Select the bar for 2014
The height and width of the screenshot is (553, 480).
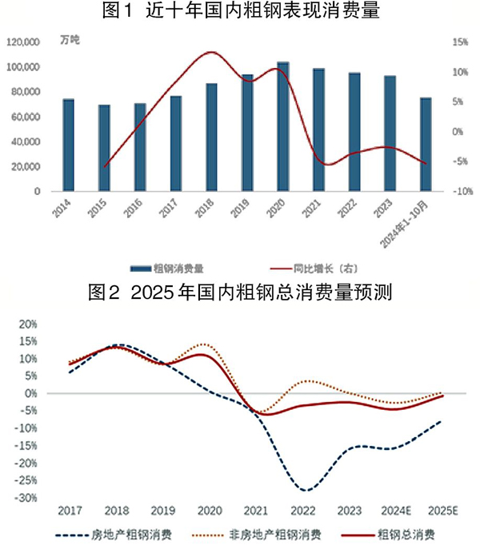click(69, 145)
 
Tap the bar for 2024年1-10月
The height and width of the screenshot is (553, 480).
click(426, 145)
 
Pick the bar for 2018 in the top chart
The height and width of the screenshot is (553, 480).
click(211, 137)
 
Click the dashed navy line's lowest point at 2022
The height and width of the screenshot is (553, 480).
click(305, 490)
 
